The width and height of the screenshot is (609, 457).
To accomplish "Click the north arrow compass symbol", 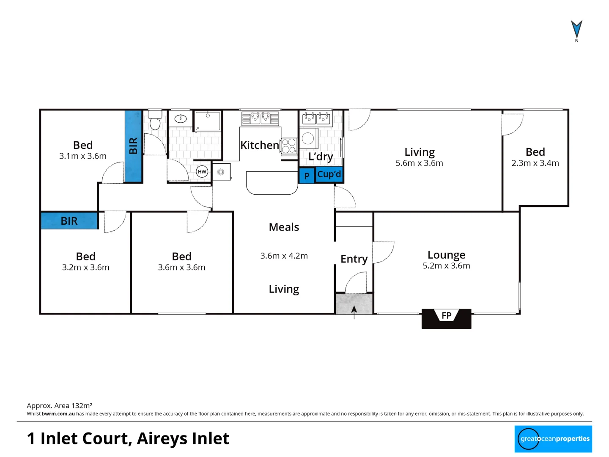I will (x=576, y=30).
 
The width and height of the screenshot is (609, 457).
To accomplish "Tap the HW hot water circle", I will (x=202, y=171).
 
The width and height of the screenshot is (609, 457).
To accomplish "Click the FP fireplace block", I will (x=446, y=318).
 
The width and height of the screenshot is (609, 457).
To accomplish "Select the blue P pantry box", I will (x=307, y=176).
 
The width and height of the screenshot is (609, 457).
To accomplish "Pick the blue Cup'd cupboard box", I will (x=329, y=174).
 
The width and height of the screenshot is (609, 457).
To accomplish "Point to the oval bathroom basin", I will (x=181, y=119).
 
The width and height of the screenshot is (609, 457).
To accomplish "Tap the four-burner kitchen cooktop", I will (x=289, y=146).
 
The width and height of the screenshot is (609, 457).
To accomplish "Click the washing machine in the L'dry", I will (x=308, y=138).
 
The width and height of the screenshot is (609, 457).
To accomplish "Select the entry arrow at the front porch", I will (x=354, y=311).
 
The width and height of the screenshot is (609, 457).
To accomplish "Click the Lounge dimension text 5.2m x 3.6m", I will (x=446, y=266).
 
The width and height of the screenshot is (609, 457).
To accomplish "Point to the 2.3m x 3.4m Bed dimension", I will (x=535, y=163).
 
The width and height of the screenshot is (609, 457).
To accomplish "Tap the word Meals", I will (x=284, y=227).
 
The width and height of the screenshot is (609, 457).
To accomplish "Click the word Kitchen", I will (x=260, y=145).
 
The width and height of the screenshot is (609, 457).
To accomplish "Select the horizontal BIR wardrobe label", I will (x=69, y=221).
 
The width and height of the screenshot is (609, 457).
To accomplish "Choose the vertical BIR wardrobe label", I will (x=133, y=146).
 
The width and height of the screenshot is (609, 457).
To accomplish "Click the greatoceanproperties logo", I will (x=553, y=439).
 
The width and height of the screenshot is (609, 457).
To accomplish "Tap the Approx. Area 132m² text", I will (x=60, y=405).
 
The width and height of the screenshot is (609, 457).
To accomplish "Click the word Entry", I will (x=354, y=259).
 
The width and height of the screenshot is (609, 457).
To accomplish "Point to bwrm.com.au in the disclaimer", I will (x=58, y=414).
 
